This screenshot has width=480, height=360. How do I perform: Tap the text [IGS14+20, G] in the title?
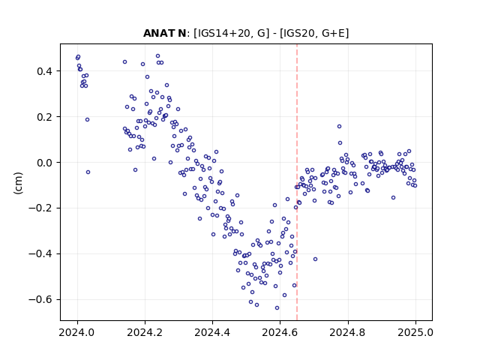pos(232,33)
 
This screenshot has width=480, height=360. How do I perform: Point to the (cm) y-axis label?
pos(18,183)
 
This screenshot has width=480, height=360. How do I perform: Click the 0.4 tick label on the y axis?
pos(45,71)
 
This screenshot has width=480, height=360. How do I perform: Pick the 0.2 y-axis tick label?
pos(45,117)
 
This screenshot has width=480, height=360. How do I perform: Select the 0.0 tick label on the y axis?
pos(45,163)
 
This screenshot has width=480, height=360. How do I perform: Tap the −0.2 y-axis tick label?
pos(40,208)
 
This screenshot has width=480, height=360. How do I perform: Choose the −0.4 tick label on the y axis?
pos(40,253)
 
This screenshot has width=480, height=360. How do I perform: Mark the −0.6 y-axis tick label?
pos(40,299)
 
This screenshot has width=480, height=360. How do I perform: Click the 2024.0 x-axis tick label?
pos(76,332)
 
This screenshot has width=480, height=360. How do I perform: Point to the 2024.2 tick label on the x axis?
pos(145,332)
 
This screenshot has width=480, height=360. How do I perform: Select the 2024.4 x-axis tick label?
pos(212,332)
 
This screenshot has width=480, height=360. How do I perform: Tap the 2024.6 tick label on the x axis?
pos(280,332)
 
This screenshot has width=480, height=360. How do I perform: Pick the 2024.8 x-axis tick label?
pos(347,332)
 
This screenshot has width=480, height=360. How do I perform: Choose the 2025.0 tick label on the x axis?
pos(415,332)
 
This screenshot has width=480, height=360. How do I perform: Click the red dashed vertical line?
pos(297,182)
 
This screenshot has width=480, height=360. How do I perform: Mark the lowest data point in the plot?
pos(277,307)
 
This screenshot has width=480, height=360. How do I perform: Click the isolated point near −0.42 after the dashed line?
pos(315,259)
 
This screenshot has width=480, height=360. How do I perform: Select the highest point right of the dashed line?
pos(339,126)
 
